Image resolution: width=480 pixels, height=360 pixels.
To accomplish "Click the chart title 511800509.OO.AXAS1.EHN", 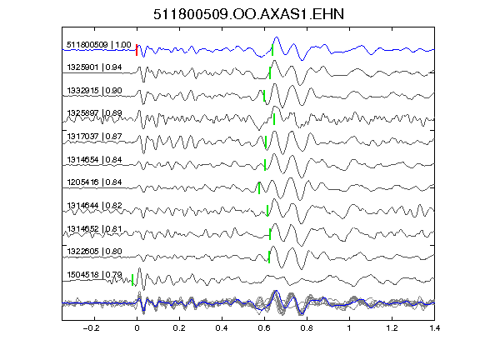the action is click(248, 14).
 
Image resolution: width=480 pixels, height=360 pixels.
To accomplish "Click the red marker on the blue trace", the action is click(137, 50).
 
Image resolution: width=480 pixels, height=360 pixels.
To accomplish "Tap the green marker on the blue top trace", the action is click(272, 50).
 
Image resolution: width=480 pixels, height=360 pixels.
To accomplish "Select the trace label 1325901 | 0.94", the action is click(94, 67).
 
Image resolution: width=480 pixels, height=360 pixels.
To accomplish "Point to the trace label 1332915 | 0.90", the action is click(94, 91).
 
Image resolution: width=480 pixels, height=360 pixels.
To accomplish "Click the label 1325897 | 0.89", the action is click(94, 113).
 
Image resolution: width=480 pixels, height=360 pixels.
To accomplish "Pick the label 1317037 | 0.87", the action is click(94, 136).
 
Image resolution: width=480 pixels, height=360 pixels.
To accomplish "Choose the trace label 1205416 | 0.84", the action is click(94, 182).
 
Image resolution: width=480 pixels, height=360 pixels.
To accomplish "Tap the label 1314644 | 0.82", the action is click(94, 205).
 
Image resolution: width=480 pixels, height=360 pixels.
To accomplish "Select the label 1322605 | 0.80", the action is click(94, 252).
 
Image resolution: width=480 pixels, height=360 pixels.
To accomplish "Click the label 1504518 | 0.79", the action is click(94, 275).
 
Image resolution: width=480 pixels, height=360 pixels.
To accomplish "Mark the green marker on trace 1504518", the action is click(132, 280).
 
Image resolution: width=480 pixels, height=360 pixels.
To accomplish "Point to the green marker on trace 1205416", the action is click(259, 188).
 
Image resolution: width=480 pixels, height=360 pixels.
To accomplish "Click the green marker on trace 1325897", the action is click(274, 119).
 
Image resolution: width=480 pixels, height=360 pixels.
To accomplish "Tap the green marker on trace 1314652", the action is click(270, 234).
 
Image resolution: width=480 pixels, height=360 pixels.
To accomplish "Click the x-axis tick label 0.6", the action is click(264, 328).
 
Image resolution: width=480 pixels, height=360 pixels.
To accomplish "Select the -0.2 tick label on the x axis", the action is click(92, 328).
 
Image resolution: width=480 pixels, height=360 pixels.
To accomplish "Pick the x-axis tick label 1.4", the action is click(435, 328).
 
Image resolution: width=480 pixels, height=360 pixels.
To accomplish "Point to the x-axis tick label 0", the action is click(137, 328).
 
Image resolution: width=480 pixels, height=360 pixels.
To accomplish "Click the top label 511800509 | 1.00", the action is click(99, 45).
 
